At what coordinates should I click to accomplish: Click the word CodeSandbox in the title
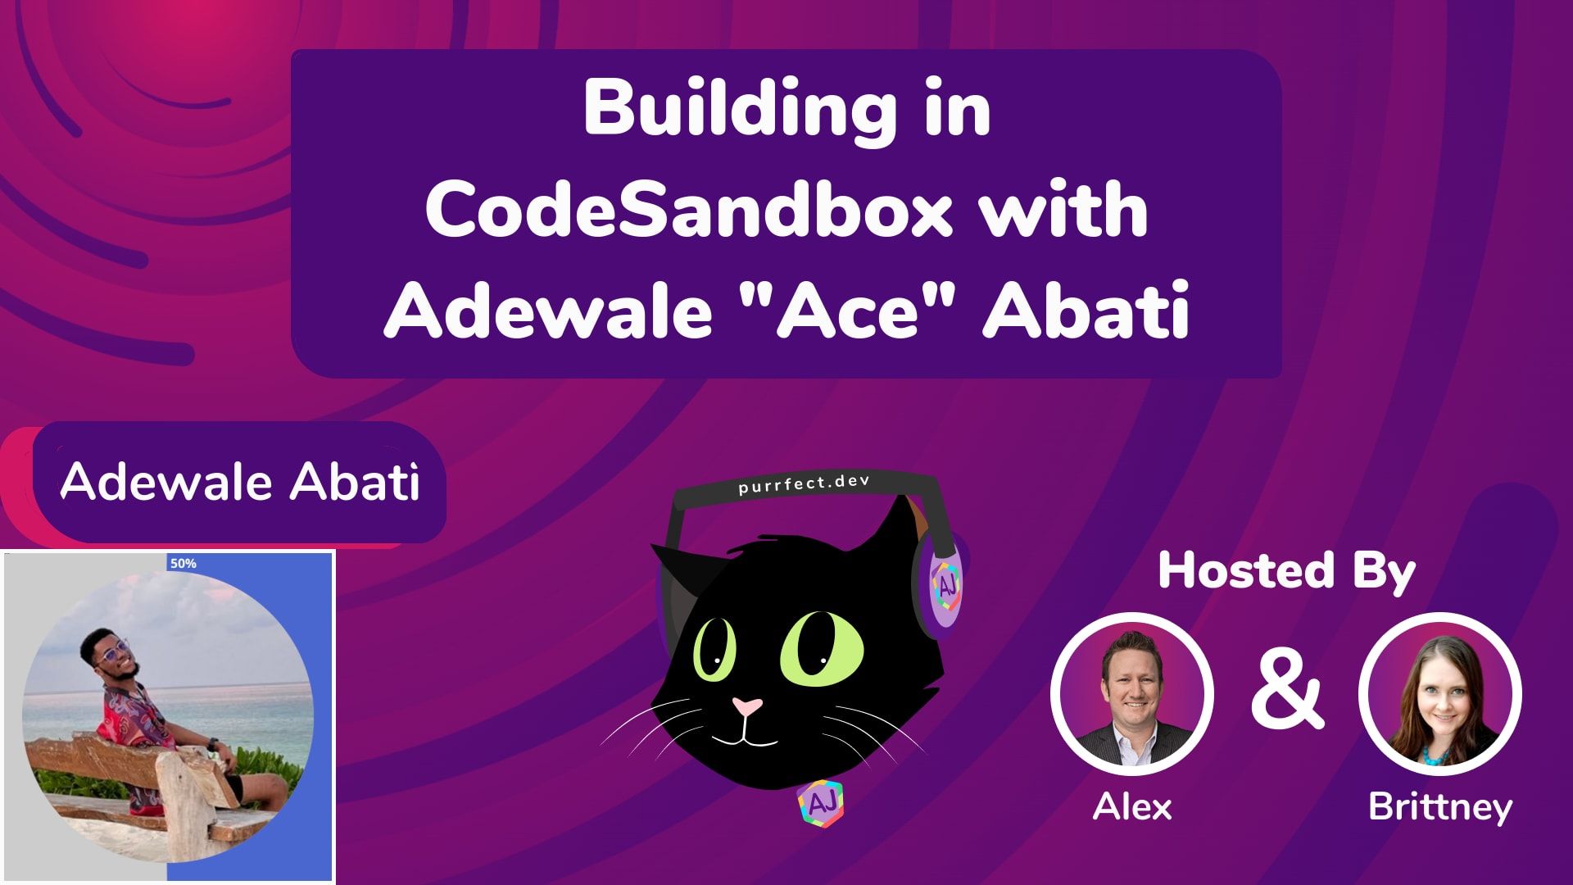click(688, 211)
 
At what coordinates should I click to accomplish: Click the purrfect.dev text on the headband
click(803, 483)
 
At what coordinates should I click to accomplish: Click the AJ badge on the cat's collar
click(820, 804)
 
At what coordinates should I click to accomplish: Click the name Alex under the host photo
click(1132, 807)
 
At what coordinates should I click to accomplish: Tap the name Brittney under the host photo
click(1440, 807)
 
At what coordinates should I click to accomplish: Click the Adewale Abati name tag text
click(240, 481)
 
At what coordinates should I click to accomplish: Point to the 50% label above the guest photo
click(183, 564)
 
